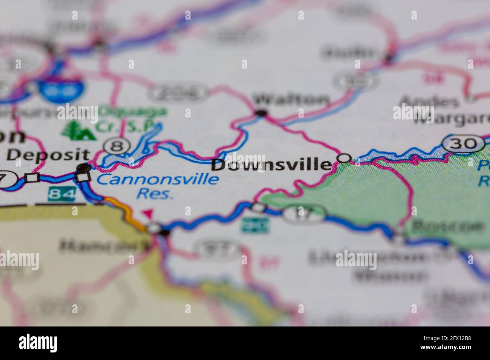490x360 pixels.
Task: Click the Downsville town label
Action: [x=271, y=165]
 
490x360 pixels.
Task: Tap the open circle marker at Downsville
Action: [x=343, y=158]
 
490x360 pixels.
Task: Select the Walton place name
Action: [x=291, y=100]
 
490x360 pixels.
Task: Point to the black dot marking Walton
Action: [x=261, y=113]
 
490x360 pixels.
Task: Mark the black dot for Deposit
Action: [x=83, y=167]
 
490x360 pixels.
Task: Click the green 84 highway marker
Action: [x=61, y=194]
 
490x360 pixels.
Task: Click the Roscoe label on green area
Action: [x=447, y=226]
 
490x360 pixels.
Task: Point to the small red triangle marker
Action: [x=147, y=214]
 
